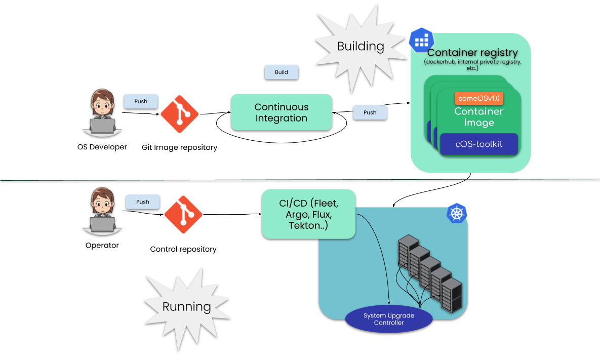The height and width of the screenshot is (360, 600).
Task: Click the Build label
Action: (282, 72)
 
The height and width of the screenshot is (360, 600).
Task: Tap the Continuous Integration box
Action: (281, 112)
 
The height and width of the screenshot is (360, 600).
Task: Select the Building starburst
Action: (360, 47)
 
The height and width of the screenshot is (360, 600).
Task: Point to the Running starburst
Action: (186, 306)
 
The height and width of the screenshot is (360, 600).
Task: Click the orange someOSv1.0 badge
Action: (479, 98)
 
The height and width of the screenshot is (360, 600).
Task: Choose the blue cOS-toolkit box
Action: (478, 144)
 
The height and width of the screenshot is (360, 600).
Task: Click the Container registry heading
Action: (472, 53)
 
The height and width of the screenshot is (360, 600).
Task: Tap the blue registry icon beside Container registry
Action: (421, 39)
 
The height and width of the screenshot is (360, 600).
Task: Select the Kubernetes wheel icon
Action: (457, 213)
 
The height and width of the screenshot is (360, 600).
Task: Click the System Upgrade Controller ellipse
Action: (389, 319)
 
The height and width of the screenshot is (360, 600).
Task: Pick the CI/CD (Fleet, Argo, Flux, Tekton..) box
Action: (308, 214)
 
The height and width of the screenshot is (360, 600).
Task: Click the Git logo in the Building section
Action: (180, 114)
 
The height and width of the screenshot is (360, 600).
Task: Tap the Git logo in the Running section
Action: (183, 214)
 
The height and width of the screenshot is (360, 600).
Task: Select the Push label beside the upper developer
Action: (141, 101)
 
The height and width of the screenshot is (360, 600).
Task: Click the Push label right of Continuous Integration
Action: (370, 112)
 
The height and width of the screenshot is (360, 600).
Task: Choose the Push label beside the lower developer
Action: (143, 202)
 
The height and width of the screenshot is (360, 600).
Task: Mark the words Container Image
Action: (478, 117)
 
